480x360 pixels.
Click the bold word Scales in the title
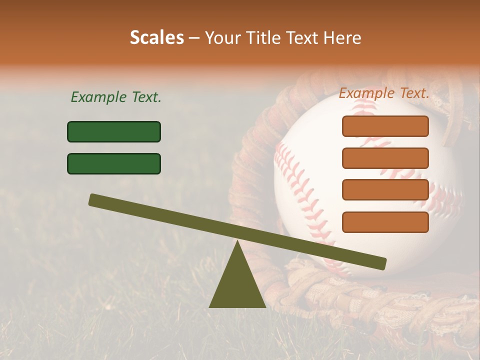(x=156, y=38)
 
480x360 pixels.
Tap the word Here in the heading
(x=343, y=38)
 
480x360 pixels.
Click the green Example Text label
(x=116, y=97)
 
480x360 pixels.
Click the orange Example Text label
(x=384, y=93)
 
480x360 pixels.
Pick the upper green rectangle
(x=114, y=131)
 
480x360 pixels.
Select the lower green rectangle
(x=114, y=163)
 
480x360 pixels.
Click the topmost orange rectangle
(x=385, y=126)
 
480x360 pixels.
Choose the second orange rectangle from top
(x=385, y=158)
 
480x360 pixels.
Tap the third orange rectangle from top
(x=385, y=190)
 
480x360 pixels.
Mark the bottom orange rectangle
(x=385, y=222)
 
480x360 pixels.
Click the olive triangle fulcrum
(x=237, y=285)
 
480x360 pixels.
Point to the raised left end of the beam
(x=93, y=199)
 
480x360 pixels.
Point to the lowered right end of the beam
(x=382, y=263)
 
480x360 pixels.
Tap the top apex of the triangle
(x=237, y=242)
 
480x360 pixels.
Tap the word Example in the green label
(x=95, y=97)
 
